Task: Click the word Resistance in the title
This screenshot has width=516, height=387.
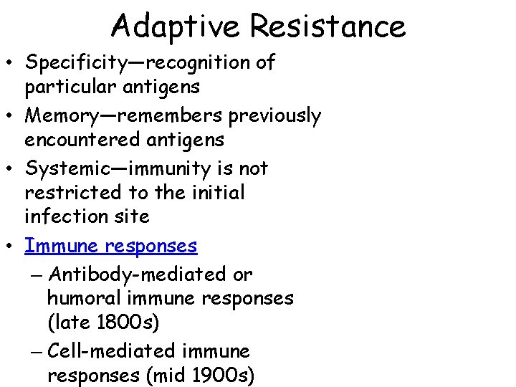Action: click(328, 27)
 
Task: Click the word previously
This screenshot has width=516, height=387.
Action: click(274, 116)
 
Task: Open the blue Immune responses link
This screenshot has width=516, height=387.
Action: click(110, 246)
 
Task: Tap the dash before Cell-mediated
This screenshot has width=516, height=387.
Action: click(39, 352)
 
